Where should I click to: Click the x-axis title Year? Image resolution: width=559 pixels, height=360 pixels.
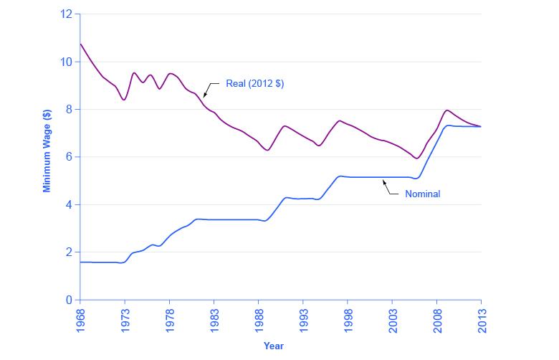273,346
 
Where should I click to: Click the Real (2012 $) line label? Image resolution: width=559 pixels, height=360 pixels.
254,84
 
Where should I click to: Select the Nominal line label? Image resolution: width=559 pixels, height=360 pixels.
422,194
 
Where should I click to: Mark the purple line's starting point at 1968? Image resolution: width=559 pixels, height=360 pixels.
80,44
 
